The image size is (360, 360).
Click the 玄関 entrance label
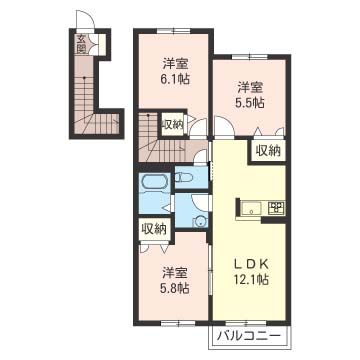point(81,44)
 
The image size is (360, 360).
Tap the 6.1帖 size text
point(176,80)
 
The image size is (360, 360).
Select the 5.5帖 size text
point(251,103)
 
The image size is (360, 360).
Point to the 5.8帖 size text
point(176,288)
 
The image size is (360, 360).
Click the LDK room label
point(250,264)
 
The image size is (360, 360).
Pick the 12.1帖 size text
point(250,280)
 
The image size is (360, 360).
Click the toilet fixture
point(185,176)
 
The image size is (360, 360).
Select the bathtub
point(156,183)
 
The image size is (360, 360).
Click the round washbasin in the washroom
point(200,221)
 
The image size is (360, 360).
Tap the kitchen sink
point(251,209)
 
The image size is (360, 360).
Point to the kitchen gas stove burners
point(276,208)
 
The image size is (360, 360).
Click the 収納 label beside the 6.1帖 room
point(173,124)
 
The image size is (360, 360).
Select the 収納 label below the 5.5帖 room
point(268,152)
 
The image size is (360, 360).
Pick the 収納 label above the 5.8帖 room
point(154,229)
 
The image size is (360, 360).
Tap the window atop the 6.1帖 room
point(174,31)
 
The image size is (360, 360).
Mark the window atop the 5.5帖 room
point(250,57)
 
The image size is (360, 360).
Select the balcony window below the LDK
point(246,323)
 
